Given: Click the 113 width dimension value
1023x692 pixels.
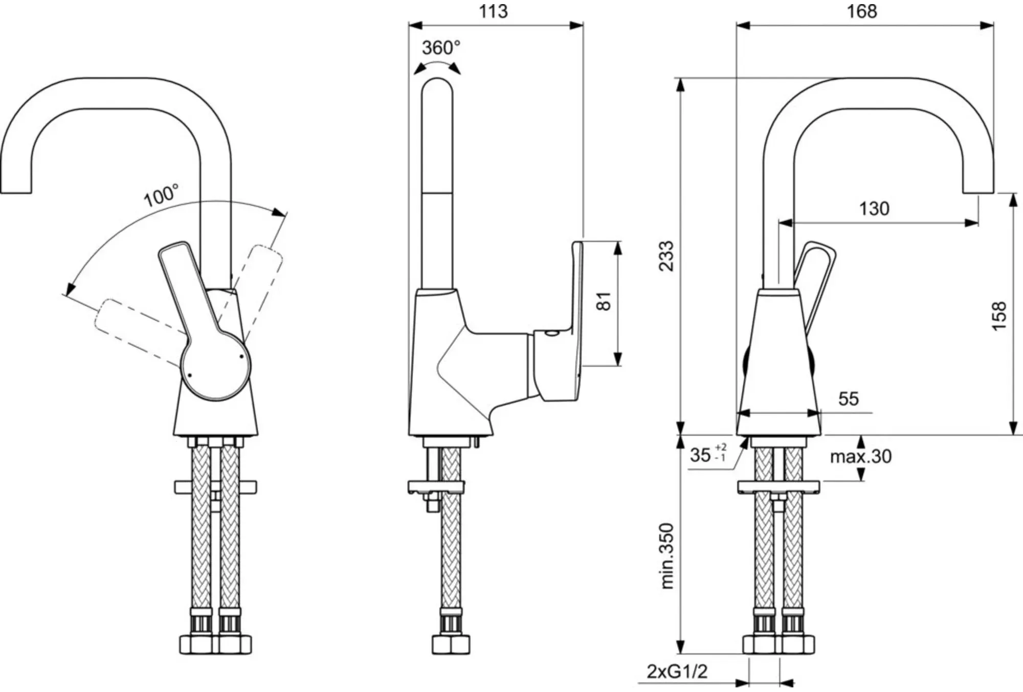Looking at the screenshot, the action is coord(493,11).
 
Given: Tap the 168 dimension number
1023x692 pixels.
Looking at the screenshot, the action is coord(862,11).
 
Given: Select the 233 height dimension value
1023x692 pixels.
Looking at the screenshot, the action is coord(668,256).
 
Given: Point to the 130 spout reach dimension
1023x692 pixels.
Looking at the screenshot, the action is coord(874,209).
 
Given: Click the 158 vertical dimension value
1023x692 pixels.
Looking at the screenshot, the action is coord(999,316).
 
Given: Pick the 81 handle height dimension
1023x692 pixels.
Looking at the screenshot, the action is coord(604,301).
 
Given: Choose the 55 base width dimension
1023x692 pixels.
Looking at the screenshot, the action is coord(849,399).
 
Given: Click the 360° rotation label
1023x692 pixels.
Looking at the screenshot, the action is coord(441,48).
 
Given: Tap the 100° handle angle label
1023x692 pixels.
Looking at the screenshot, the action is coord(162,196).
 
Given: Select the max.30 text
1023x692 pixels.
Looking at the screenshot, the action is coord(861,456).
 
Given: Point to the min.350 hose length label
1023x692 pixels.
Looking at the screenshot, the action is coord(668,556).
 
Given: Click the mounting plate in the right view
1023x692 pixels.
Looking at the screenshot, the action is coord(779,487).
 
